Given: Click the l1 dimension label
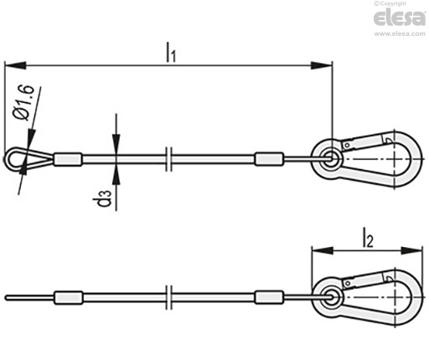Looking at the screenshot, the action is [x=171, y=52].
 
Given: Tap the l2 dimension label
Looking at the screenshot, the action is [x=368, y=238].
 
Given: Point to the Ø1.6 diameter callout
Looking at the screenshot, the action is [x=24, y=103].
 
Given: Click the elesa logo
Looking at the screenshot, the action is [x=400, y=18].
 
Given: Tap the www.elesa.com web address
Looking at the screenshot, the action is [x=400, y=33].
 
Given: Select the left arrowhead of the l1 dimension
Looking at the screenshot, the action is [x=15, y=66].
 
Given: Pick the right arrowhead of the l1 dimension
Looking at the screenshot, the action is [x=322, y=65].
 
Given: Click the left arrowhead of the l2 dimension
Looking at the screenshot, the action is [x=323, y=250].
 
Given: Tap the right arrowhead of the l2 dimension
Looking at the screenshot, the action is [x=411, y=250].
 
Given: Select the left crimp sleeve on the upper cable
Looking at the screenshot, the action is [x=68, y=159].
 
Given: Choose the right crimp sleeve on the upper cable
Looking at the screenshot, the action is [x=269, y=159].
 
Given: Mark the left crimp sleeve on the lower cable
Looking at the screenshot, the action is [x=69, y=297].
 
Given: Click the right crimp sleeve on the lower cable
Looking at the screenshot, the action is [x=269, y=297].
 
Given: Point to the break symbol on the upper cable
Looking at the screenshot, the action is [x=168, y=159].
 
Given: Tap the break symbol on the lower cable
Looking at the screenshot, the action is [x=168, y=297].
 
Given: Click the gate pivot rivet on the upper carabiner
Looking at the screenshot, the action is [x=347, y=146].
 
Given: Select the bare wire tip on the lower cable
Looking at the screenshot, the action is [x=29, y=298].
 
